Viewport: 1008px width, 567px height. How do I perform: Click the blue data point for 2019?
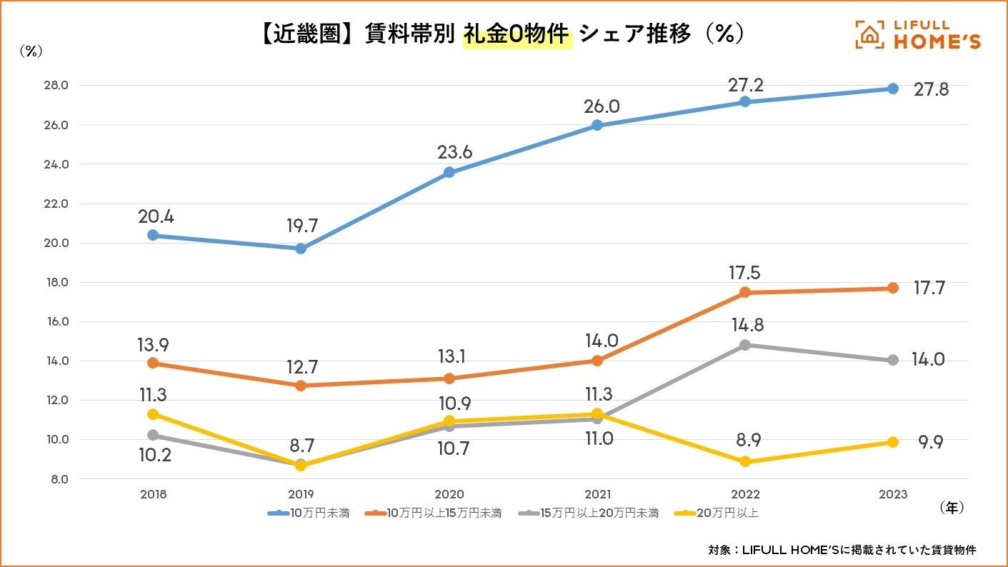click(x=301, y=249)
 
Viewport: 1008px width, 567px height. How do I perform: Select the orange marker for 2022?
click(x=745, y=292)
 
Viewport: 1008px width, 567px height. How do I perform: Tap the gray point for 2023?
click(x=893, y=360)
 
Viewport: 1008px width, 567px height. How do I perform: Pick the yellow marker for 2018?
click(x=153, y=414)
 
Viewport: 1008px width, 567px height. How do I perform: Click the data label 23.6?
click(x=455, y=152)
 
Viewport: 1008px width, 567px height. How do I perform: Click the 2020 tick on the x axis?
click(x=449, y=494)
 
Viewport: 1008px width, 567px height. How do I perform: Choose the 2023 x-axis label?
click(x=893, y=494)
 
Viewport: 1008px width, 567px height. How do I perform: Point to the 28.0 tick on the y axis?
click(x=55, y=86)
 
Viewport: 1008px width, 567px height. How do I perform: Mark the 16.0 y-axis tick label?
click(x=55, y=321)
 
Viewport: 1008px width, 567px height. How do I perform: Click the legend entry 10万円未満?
click(x=309, y=513)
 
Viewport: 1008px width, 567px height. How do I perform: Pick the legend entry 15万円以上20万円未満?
click(x=589, y=513)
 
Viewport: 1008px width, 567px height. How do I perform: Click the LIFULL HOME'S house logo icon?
click(x=869, y=35)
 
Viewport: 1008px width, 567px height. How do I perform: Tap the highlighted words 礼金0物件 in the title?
click(x=517, y=34)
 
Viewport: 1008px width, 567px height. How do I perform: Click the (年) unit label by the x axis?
click(x=952, y=507)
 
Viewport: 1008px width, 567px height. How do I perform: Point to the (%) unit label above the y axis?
click(x=31, y=51)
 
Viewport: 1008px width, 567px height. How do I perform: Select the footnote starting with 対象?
click(x=842, y=549)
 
